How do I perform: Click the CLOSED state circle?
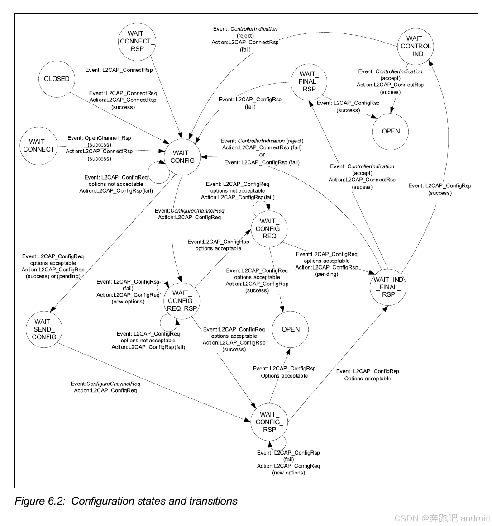[57, 79]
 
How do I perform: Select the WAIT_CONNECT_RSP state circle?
[137, 41]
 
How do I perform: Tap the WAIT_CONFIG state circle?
[183, 156]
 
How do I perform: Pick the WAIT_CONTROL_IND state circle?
[416, 46]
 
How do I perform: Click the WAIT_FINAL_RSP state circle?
[309, 81]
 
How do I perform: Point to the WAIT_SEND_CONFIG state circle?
[44, 329]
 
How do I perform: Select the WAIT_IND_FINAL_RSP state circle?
[388, 287]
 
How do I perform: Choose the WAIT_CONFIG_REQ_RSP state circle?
[182, 301]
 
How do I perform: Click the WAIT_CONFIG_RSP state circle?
[269, 422]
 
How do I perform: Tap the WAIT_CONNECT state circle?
[38, 146]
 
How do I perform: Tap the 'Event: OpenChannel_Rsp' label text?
[99, 138]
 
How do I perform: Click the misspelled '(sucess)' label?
[362, 187]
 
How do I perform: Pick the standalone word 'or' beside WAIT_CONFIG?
[262, 155]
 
